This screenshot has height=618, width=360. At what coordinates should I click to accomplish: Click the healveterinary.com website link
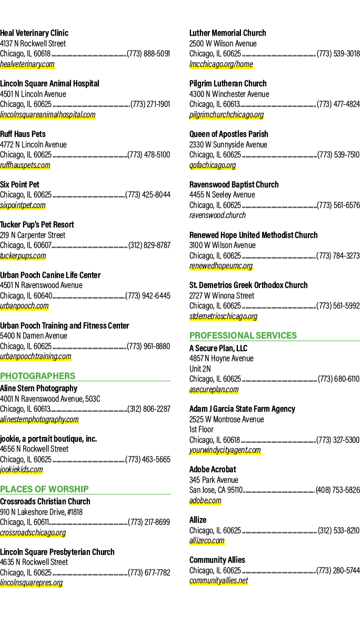(x=27, y=64)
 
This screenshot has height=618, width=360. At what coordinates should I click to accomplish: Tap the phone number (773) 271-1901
(x=151, y=104)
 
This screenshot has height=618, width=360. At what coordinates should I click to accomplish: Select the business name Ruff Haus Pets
(x=23, y=134)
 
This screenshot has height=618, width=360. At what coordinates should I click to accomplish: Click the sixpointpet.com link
(x=23, y=205)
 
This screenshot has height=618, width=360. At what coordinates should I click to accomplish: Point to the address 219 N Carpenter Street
(x=33, y=235)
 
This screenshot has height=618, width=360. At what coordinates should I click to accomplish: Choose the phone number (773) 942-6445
(x=148, y=296)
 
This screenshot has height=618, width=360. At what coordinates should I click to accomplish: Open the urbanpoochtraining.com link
(x=36, y=357)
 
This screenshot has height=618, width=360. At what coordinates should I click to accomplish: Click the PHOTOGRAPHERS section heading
(x=37, y=376)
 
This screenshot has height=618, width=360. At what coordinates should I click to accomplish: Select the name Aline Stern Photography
(x=38, y=388)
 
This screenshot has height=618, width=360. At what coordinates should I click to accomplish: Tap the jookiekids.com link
(x=22, y=470)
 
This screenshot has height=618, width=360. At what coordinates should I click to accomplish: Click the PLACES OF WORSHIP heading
(x=44, y=489)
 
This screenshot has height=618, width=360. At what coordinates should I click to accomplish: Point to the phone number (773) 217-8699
(x=149, y=522)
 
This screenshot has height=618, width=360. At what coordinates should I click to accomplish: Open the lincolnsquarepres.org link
(x=32, y=583)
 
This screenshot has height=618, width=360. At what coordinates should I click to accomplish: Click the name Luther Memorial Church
(x=228, y=33)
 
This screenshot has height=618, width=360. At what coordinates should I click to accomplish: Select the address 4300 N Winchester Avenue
(x=229, y=94)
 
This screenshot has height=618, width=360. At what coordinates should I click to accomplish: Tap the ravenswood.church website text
(x=217, y=215)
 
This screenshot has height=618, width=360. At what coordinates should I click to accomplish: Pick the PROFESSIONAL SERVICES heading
(x=243, y=335)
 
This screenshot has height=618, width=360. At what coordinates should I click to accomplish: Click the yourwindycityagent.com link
(x=225, y=450)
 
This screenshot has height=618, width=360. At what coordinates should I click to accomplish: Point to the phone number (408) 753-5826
(x=338, y=490)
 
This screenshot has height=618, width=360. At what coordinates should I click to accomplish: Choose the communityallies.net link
(x=219, y=581)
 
